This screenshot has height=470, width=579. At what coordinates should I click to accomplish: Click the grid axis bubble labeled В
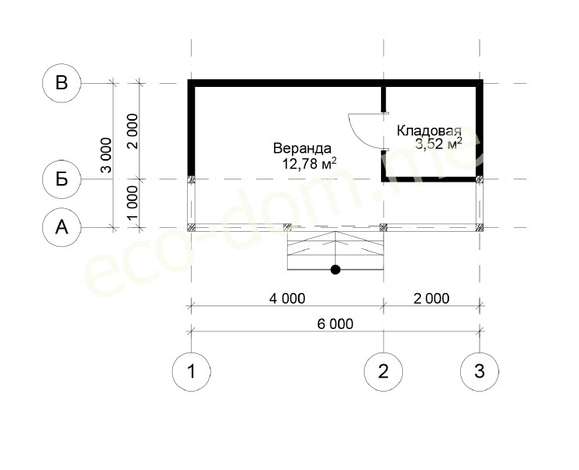pos(62,83)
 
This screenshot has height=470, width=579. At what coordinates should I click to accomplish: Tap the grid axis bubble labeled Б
pos(62,179)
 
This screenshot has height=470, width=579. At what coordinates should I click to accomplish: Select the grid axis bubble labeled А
pos(62,227)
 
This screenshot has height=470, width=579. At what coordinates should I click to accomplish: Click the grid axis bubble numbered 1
pos(191,371)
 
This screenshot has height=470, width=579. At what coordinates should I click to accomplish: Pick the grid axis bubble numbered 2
pos(383,371)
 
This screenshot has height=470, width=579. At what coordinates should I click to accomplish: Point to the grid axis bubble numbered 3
pos(480,371)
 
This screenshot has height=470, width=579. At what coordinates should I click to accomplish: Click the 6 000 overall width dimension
pos(336,324)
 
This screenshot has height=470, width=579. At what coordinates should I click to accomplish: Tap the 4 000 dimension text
pos(287,298)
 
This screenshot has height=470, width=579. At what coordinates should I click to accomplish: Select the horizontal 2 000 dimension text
pos(431,298)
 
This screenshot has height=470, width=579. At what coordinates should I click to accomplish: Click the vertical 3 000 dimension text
pos(106,155)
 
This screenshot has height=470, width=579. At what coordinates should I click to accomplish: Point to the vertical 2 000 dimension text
pos(132,132)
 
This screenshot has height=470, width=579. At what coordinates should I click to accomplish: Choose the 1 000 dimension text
pos(132,203)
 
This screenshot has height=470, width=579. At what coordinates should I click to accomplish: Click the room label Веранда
pos(302,148)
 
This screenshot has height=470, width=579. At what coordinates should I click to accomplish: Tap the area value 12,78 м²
pos(309,163)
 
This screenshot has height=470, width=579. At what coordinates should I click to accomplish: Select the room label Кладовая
pos(429,131)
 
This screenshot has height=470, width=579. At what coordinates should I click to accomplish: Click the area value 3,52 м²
pos(439,143)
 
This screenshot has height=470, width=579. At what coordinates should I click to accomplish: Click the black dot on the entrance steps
pos(336,269)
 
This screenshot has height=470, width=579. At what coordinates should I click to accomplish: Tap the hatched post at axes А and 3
pos(480,227)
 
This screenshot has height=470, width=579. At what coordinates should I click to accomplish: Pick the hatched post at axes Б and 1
pos(191,179)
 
